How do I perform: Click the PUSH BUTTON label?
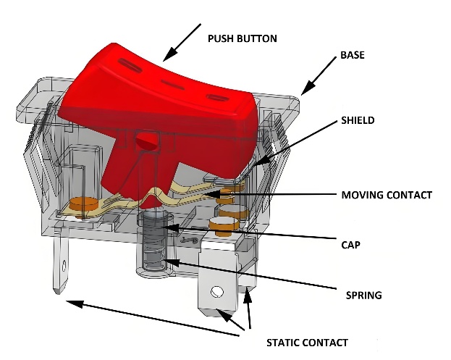point(243,38)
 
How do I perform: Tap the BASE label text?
point(353,56)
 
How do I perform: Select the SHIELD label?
point(358,120)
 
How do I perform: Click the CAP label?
point(351,245)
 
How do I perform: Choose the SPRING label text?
point(363,295)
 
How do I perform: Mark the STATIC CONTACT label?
point(307,342)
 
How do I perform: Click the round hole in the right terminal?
point(216,293)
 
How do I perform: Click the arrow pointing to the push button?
point(181,41)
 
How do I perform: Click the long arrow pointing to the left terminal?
point(152,319)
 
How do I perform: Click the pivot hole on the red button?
point(147,142)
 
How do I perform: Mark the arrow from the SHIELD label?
point(297,141)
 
